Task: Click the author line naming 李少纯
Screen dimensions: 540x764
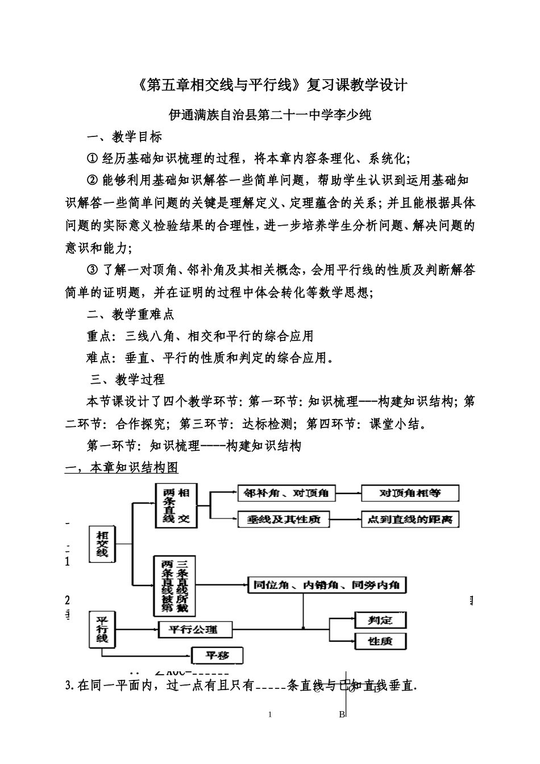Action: pyautogui.click(x=271, y=114)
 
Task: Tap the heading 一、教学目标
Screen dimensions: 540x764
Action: pyautogui.click(x=124, y=136)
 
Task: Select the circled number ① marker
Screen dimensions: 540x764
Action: pyautogui.click(x=92, y=159)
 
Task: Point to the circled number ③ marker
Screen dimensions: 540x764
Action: pyautogui.click(x=92, y=269)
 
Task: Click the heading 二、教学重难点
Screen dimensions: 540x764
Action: pyautogui.click(x=130, y=314)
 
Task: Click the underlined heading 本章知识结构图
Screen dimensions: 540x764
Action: pyautogui.click(x=122, y=468)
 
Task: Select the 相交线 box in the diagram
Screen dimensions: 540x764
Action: pyautogui.click(x=102, y=545)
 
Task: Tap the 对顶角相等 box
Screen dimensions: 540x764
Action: pyautogui.click(x=410, y=493)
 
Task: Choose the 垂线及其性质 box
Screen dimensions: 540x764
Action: pyautogui.click(x=283, y=519)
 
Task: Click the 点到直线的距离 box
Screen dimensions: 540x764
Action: pyautogui.click(x=410, y=519)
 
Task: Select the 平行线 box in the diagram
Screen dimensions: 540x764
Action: pyautogui.click(x=102, y=629)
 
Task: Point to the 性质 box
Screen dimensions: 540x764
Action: pyautogui.click(x=380, y=641)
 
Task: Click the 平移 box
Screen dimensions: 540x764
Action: pyautogui.click(x=217, y=655)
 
